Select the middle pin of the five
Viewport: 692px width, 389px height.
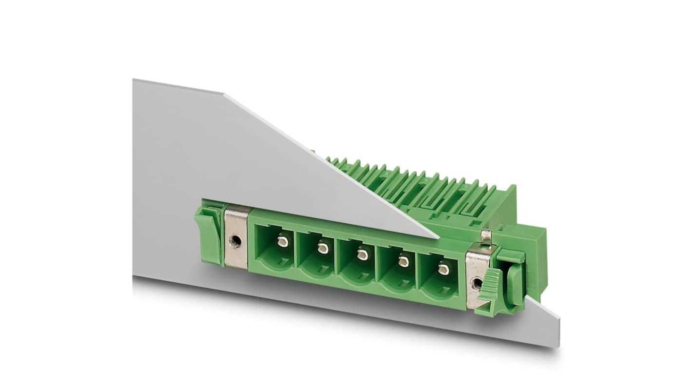point(362,254)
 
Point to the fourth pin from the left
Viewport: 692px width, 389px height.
point(403,261)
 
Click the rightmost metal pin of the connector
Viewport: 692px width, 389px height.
point(442,269)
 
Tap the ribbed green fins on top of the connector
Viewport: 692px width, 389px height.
point(414,185)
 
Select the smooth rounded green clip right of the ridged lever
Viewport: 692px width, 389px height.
point(516,277)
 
